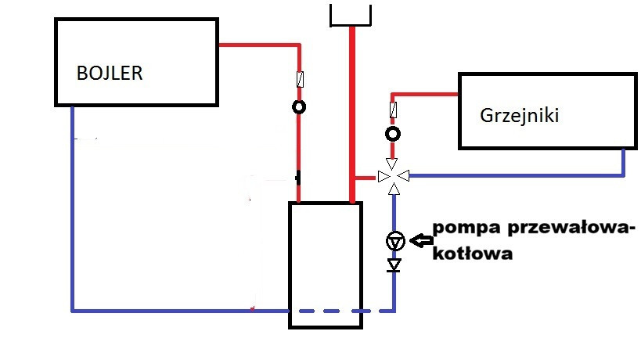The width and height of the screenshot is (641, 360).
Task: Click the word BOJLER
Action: (x=110, y=74)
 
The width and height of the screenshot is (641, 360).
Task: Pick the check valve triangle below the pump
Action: (x=394, y=265)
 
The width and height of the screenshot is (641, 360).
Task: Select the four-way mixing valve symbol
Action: (x=394, y=176)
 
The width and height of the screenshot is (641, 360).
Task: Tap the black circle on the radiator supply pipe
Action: (x=394, y=134)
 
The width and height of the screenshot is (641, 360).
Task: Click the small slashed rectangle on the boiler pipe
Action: (x=298, y=79)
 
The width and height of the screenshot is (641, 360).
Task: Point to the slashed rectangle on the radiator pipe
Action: (x=394, y=108)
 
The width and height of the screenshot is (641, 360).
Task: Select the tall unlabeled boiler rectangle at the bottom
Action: (x=326, y=265)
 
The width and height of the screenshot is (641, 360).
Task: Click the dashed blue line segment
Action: (x=377, y=311)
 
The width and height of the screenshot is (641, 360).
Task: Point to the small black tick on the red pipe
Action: (x=298, y=178)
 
